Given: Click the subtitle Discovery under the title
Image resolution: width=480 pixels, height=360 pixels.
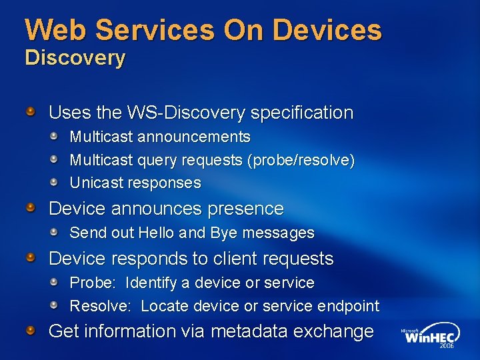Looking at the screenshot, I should point(75,58).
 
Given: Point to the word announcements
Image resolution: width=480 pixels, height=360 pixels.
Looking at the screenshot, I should point(194,137).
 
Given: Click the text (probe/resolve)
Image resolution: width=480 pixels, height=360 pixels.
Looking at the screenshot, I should point(300,161).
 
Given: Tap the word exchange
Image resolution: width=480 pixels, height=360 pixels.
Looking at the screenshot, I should point(333,331).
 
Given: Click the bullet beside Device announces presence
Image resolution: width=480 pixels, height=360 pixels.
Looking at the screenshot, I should point(31,209).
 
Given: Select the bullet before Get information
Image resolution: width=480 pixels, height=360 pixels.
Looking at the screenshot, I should point(31,331).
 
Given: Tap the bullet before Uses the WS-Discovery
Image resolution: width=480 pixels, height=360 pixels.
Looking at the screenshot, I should point(31,112).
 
